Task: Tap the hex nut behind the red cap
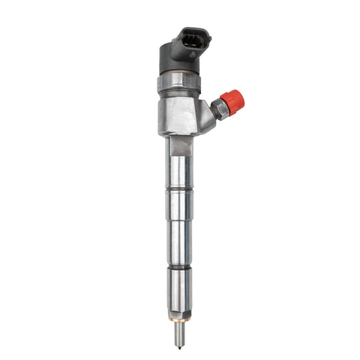[x=218, y=109]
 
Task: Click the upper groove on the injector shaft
[x=179, y=189]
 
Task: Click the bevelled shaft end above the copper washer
[x=181, y=309]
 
